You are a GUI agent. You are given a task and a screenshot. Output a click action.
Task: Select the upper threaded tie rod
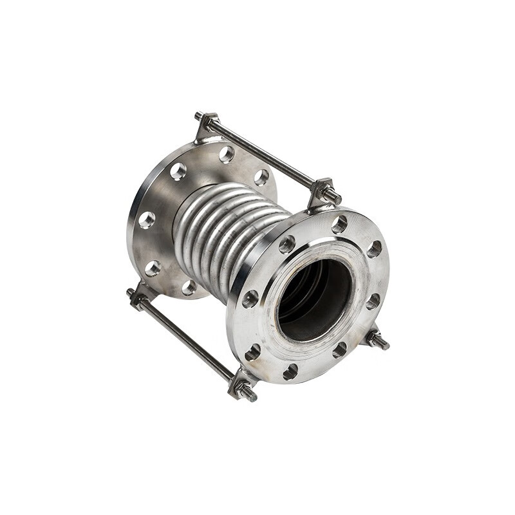pyautogui.click(x=264, y=151)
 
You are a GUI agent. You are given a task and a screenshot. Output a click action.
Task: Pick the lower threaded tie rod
pyautogui.click(x=187, y=341)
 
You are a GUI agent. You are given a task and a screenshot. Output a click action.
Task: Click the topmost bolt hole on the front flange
pyautogui.click(x=339, y=224)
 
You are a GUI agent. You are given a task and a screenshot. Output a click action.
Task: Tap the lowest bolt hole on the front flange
pyautogui.click(x=290, y=372)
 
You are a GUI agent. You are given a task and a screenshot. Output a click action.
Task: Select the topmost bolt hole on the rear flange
pyautogui.click(x=226, y=154)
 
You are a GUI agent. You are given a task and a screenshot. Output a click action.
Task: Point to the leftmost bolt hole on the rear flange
pyautogui.click(x=147, y=220)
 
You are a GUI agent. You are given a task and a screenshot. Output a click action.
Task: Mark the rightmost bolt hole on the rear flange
pyautogui.click(x=261, y=177)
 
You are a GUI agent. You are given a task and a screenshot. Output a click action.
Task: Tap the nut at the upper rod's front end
pyautogui.click(x=330, y=193)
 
